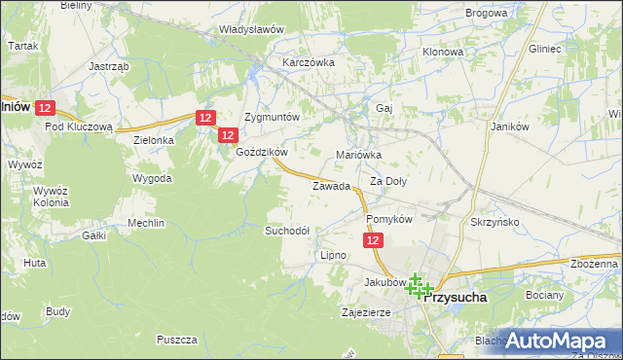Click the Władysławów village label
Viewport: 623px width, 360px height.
point(251,29)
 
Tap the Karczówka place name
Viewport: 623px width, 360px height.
point(309,62)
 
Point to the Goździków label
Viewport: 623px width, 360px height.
point(261,152)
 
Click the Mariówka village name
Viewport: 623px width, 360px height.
point(358,155)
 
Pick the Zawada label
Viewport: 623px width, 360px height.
point(331,186)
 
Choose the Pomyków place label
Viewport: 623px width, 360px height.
point(389,220)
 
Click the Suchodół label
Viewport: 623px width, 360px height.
point(287,231)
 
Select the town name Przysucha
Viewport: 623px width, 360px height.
point(457,300)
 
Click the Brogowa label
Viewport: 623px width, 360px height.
point(487,13)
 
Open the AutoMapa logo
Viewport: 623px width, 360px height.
point(558,341)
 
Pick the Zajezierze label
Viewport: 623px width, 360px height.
point(366,313)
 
